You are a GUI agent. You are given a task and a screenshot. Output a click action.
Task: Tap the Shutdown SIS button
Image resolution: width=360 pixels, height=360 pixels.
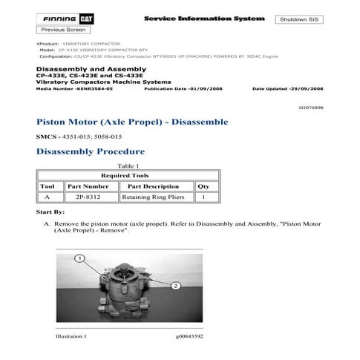click(302, 19)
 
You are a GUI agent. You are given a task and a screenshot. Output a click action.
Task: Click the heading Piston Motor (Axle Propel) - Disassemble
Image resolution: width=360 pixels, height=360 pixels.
click(132, 122)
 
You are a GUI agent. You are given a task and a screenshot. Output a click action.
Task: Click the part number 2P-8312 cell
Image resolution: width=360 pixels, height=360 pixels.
click(82, 197)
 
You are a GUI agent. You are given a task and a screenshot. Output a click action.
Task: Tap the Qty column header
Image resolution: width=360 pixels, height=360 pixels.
click(203, 186)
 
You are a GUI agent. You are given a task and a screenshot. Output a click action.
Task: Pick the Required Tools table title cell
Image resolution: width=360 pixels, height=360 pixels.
click(125, 175)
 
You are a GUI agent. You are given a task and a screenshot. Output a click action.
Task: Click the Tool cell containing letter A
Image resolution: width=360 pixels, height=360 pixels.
click(47, 197)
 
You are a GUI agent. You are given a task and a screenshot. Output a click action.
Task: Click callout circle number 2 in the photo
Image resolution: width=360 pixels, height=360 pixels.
click(175, 285)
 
